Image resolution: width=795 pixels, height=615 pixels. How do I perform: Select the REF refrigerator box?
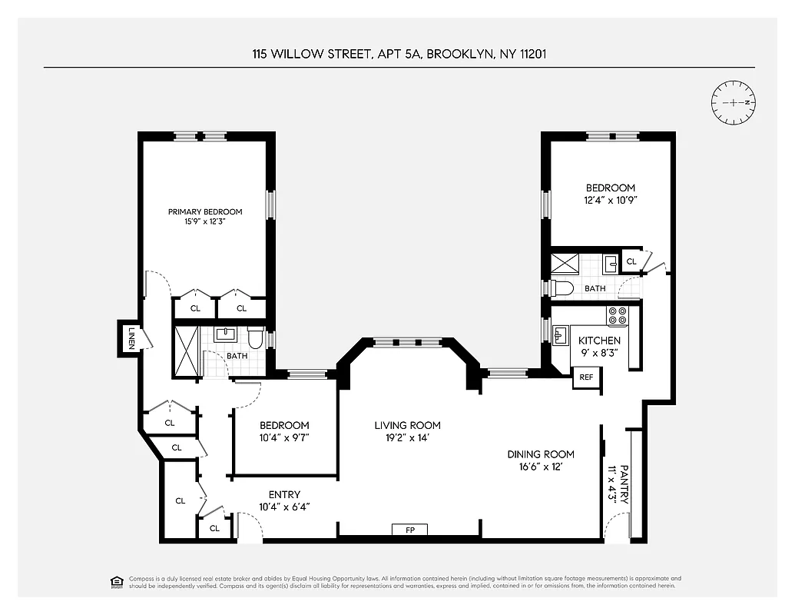(587, 377)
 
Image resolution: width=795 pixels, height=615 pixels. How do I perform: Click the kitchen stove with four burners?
(618, 314)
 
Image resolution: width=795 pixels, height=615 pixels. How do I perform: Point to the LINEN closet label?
(131, 338)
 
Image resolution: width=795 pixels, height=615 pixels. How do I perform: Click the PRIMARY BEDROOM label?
(205, 212)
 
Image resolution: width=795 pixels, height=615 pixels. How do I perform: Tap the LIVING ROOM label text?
(407, 425)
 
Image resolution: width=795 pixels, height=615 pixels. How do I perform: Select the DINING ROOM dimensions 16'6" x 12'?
(541, 467)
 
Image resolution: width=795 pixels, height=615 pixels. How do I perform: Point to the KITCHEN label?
(599, 341)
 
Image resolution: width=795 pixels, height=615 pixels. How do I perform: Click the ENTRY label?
(284, 494)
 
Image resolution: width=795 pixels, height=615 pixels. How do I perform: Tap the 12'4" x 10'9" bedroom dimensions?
(611, 200)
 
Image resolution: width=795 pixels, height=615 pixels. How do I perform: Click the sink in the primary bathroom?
(225, 334)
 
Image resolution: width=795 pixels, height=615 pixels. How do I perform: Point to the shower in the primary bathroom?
(187, 353)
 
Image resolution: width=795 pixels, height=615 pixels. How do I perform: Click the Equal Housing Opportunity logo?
(117, 581)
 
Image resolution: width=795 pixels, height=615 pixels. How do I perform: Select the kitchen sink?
(561, 334)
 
